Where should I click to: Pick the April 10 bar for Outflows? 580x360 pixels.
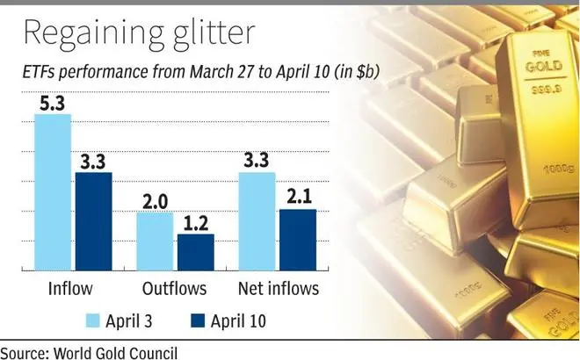(x=195, y=253)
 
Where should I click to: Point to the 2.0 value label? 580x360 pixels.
(x=155, y=201)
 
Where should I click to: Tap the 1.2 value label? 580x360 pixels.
(x=195, y=223)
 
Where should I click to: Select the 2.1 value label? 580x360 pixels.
(x=298, y=198)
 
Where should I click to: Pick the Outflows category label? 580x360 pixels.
(x=174, y=288)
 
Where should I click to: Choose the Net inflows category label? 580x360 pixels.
(x=279, y=288)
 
